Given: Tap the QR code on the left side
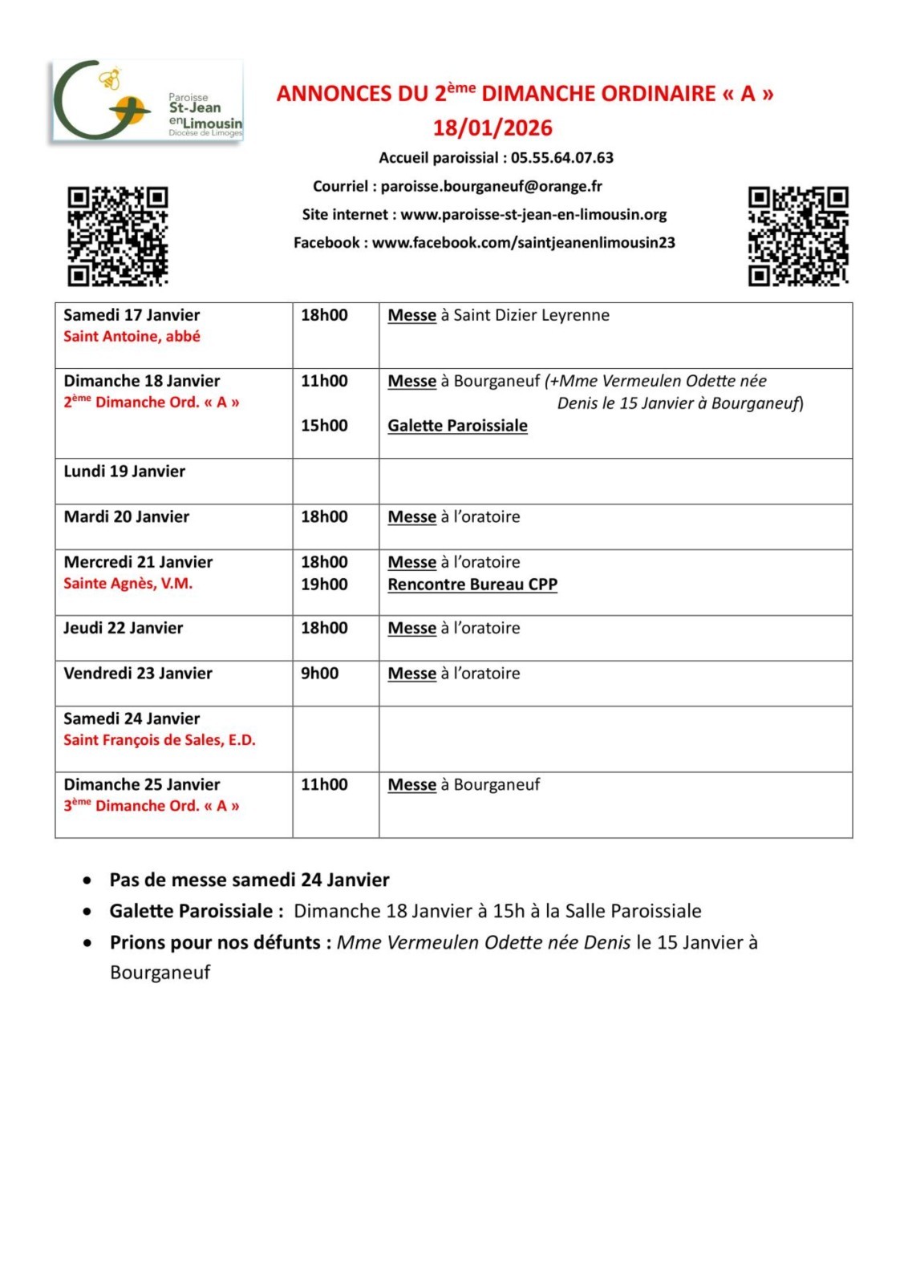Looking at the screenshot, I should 117,236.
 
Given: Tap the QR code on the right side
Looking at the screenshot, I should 798,236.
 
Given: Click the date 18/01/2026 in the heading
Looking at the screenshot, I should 493,128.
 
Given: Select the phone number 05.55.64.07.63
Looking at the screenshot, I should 561,158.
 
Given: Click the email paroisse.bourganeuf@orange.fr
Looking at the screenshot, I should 491,186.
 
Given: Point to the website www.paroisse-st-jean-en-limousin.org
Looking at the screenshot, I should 533,214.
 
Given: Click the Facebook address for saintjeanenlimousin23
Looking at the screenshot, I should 523,242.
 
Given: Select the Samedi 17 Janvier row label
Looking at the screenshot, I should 132,315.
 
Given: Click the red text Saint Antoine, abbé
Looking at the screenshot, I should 132,337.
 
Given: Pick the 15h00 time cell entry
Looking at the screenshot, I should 324,426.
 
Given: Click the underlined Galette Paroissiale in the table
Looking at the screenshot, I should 457,426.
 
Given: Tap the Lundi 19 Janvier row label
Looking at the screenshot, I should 124,472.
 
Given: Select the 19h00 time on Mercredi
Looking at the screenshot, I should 324,585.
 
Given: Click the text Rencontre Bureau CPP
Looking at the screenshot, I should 472,585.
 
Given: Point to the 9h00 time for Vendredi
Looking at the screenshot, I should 319,674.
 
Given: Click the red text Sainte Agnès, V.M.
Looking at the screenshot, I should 128,584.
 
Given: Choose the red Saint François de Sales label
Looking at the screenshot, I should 160,740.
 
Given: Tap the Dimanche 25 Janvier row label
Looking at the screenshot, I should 142,784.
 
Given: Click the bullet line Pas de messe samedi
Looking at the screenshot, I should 249,880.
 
